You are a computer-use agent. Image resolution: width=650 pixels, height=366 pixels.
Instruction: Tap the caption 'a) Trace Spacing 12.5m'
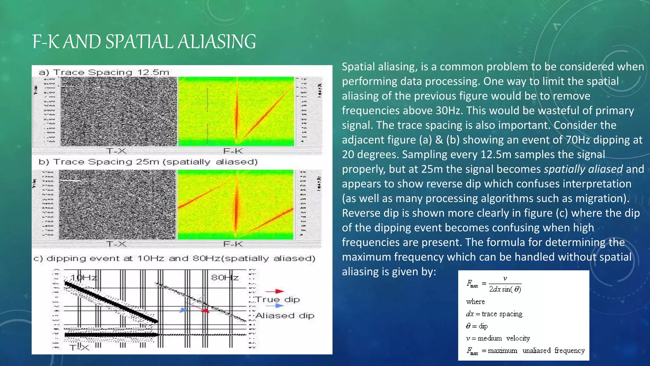[104, 72]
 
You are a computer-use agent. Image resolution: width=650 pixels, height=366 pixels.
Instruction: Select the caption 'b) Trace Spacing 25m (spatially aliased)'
[148, 162]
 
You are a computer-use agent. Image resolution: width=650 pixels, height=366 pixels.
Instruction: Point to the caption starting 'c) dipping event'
[174, 258]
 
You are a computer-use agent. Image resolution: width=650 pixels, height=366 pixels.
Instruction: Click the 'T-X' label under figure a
[116, 151]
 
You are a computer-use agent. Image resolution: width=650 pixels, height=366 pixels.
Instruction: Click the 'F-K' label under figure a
[233, 151]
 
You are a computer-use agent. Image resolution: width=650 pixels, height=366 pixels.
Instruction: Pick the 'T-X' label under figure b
[116, 244]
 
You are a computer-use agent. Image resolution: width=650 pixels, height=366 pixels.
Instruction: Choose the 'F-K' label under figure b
[233, 244]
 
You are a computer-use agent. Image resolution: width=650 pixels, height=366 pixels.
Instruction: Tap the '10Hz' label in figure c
[83, 278]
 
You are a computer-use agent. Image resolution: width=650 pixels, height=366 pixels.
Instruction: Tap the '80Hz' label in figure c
[225, 278]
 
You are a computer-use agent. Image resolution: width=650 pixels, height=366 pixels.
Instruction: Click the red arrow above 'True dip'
[275, 291]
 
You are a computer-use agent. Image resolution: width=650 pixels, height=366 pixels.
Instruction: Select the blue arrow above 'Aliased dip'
[275, 306]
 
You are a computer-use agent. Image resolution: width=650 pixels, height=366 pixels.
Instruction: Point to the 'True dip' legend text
[278, 299]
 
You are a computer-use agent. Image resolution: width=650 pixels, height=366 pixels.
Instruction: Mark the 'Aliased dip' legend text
[285, 315]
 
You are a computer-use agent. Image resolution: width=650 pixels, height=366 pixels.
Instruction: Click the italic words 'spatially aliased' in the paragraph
[583, 169]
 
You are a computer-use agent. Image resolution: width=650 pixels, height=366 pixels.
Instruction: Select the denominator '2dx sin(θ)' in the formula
[505, 289]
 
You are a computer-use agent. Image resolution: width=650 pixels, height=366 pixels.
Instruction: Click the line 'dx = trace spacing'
[494, 314]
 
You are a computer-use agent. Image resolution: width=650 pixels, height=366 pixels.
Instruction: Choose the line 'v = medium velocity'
[498, 338]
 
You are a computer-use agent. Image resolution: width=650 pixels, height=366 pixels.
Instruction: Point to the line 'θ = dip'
[477, 326]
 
